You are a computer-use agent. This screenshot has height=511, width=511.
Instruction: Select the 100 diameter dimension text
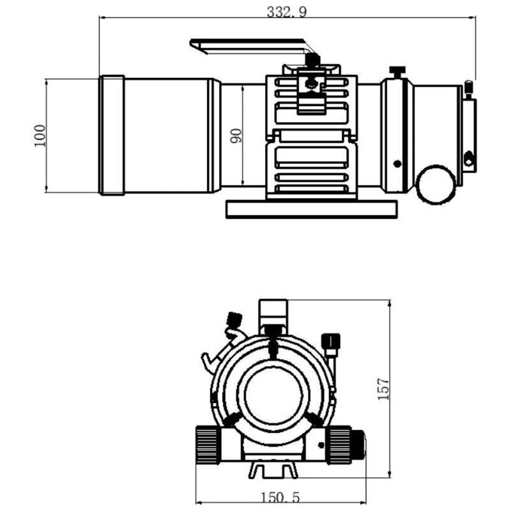coord(40,135)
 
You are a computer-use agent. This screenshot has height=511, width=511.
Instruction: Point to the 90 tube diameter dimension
coord(236,135)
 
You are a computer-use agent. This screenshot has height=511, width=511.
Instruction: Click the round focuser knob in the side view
coord(436,185)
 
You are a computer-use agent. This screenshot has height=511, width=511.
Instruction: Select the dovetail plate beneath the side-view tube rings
coord(311,208)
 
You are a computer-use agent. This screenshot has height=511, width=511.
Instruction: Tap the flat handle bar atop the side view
coord(249,46)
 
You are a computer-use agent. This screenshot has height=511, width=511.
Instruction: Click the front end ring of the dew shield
coord(112,135)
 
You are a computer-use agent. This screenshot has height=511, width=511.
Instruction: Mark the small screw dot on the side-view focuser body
coord(397,163)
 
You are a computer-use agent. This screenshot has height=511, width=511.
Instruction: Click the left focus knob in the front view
coord(207,444)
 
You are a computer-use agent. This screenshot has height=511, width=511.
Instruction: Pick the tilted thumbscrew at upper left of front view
coord(234,319)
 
